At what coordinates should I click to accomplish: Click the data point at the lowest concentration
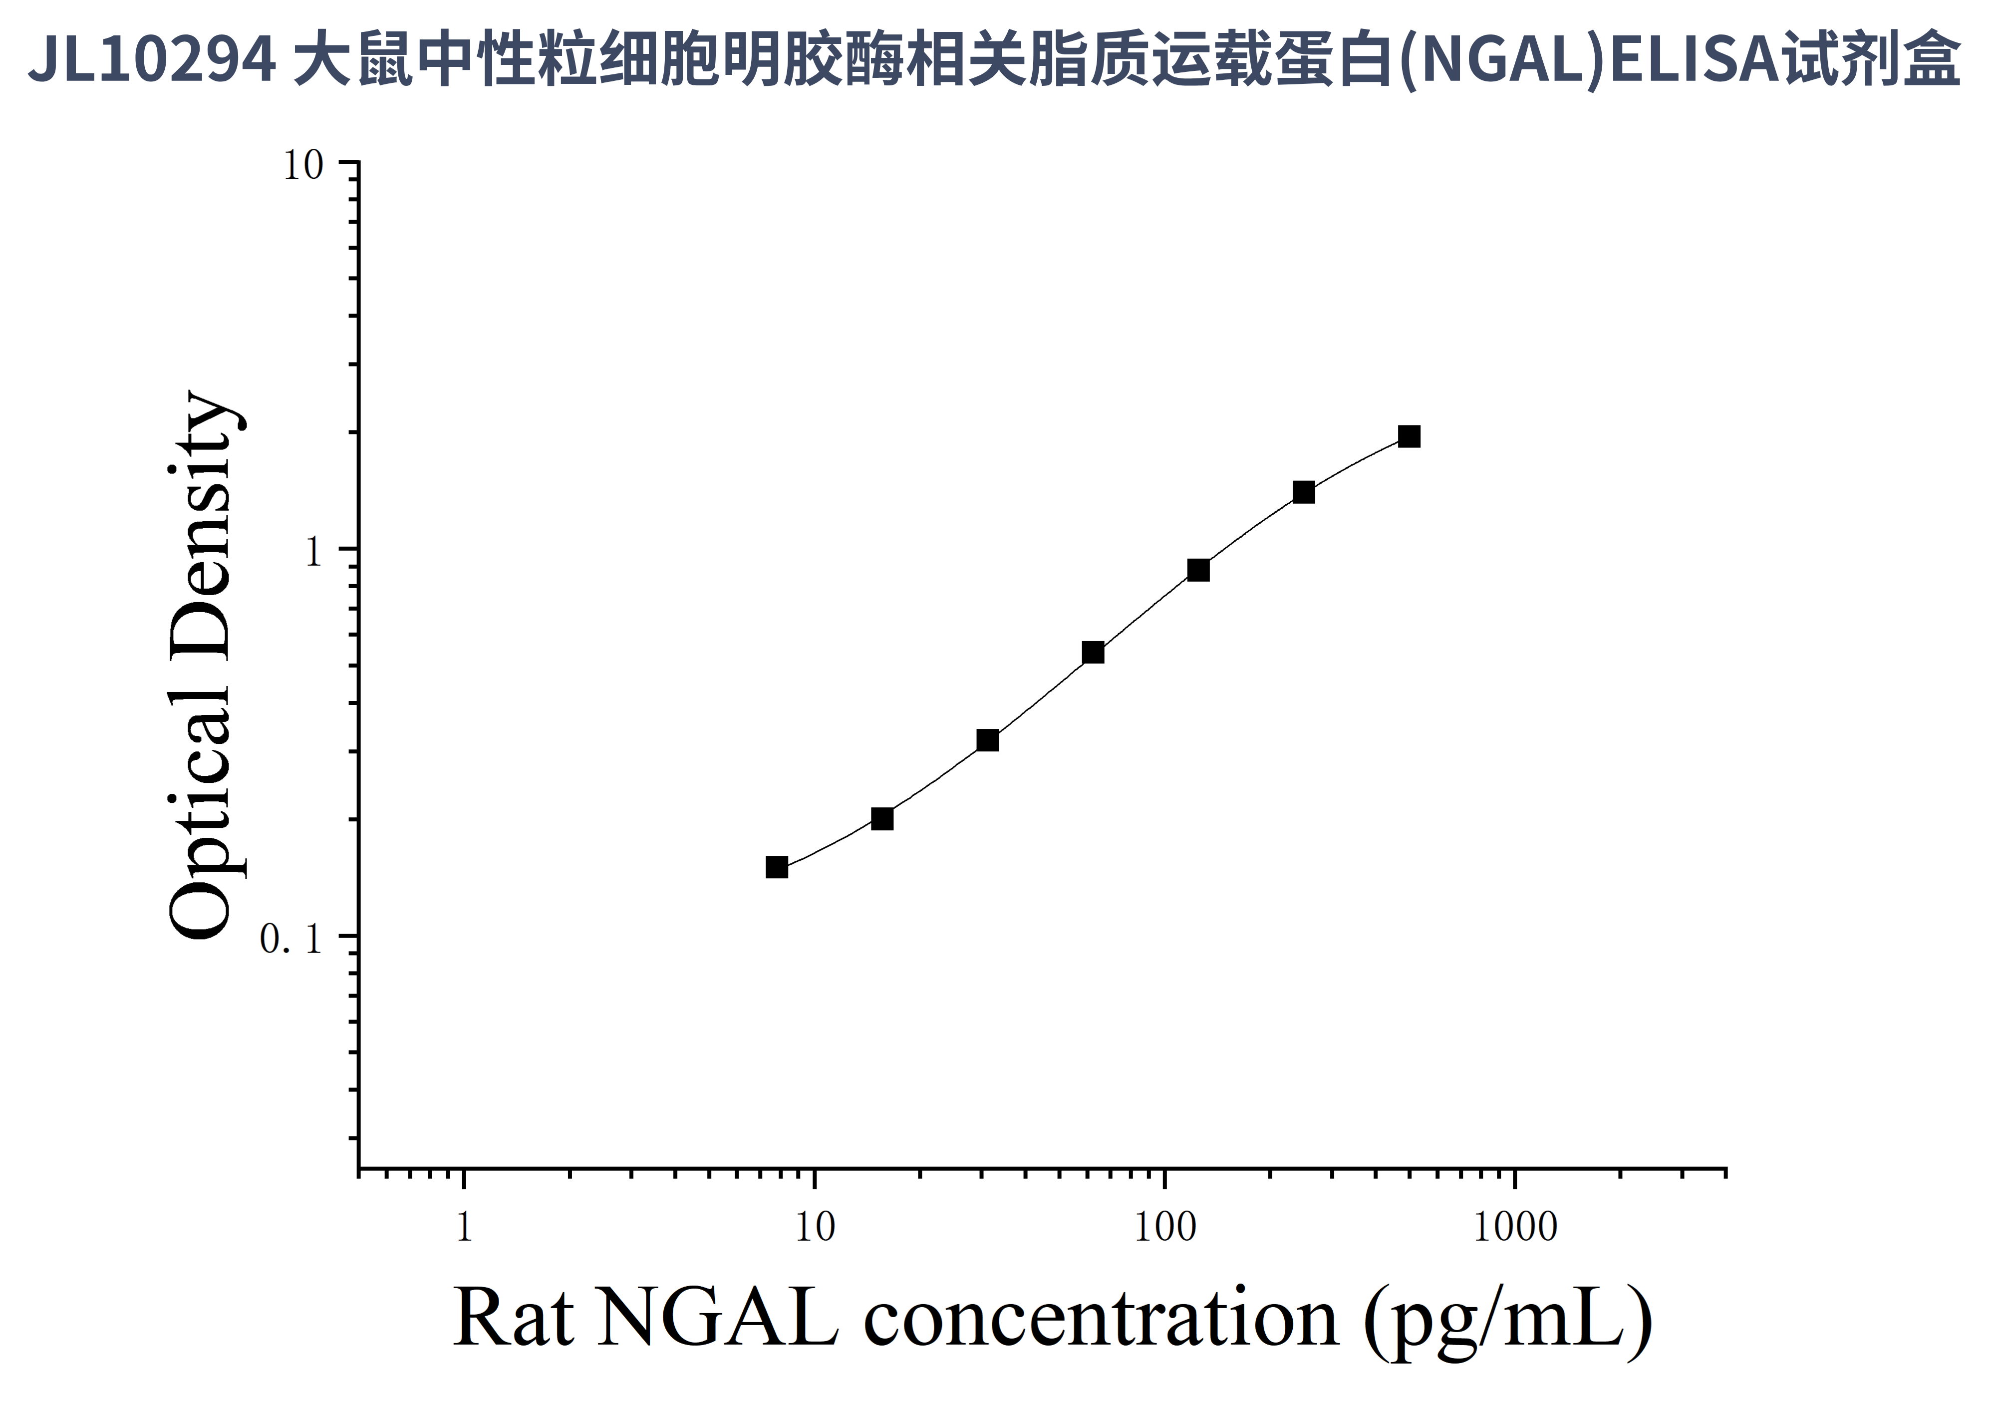(x=777, y=867)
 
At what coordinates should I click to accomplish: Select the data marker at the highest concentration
(x=1409, y=436)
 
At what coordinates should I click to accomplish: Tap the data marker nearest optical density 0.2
(x=882, y=819)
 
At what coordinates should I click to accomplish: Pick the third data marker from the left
(x=987, y=740)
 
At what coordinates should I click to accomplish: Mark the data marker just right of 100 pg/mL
(x=1198, y=570)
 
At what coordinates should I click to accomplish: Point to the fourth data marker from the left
(x=1093, y=652)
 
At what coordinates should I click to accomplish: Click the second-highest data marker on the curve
(x=1303, y=492)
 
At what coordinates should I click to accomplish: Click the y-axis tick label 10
(x=303, y=165)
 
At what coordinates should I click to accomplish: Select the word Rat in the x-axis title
(x=513, y=1318)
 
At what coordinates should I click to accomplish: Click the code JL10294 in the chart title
(x=152, y=59)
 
